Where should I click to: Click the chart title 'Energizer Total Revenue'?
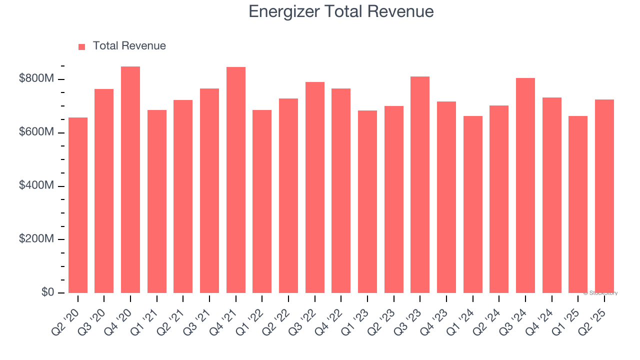341,11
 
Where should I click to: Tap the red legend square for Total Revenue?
82,46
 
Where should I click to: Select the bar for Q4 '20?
130,180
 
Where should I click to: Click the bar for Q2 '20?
78,205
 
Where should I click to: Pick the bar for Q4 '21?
236,180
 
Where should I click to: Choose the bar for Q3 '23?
420,185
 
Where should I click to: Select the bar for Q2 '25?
604,196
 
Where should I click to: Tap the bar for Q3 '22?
315,187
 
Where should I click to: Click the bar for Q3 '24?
525,185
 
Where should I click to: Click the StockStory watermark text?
600,293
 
